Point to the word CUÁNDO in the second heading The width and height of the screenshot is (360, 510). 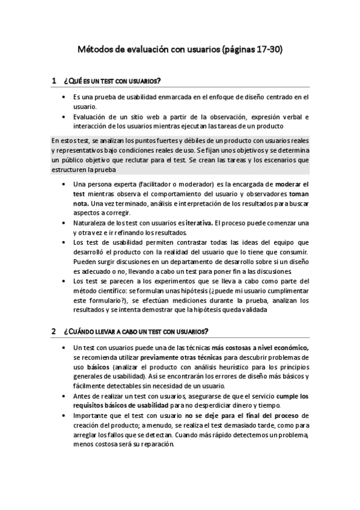(85, 331)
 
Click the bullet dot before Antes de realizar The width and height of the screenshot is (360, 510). (64, 396)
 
